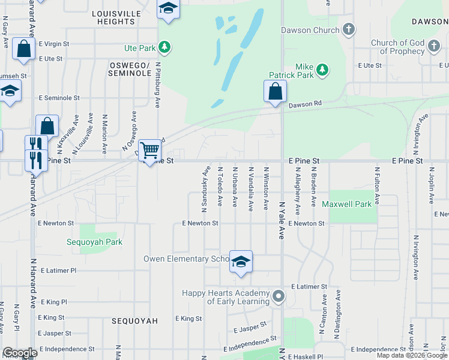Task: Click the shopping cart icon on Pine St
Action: pyautogui.click(x=149, y=150)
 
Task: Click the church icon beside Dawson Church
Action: pyautogui.click(x=349, y=29)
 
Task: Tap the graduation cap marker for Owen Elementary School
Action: pyautogui.click(x=241, y=262)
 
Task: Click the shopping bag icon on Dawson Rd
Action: pyautogui.click(x=275, y=92)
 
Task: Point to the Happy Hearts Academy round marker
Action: pyautogui.click(x=278, y=296)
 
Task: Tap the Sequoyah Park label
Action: pyautogui.click(x=94, y=242)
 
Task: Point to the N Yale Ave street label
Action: pyautogui.click(x=281, y=220)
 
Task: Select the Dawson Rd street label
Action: pyautogui.click(x=305, y=104)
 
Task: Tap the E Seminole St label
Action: pyautogui.click(x=59, y=98)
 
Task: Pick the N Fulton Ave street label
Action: pyautogui.click(x=378, y=187)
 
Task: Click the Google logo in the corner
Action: pyautogui.click(x=20, y=353)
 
